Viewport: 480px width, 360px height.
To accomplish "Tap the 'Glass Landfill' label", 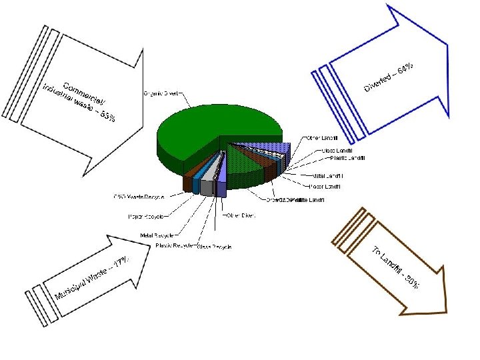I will (x=337, y=150).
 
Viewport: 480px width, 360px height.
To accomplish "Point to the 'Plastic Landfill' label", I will (x=348, y=157).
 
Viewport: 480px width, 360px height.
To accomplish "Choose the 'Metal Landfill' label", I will (x=329, y=175).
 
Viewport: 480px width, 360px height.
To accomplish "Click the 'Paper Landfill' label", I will (x=326, y=185).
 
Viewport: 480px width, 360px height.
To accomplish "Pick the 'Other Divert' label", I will (x=241, y=215).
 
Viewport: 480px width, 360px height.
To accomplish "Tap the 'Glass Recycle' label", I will (x=214, y=247).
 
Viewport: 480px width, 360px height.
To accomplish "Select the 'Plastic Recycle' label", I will (x=175, y=245).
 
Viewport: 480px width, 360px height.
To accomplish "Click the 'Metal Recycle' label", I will (x=157, y=235).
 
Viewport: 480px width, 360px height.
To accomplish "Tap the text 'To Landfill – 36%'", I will (x=395, y=267).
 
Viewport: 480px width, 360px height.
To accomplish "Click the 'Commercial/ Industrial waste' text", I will (x=79, y=101).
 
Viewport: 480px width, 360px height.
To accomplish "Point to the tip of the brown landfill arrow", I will (x=445, y=310).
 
